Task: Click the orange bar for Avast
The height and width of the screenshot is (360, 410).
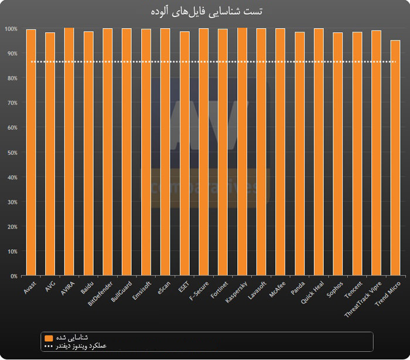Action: click(31, 152)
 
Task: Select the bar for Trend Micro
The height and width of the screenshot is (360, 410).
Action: click(395, 158)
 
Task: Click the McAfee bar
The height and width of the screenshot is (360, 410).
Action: click(280, 152)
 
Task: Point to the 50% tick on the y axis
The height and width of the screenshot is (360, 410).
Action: click(11, 152)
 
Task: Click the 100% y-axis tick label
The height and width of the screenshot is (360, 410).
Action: click(10, 29)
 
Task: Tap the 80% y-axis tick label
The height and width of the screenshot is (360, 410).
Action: click(11, 78)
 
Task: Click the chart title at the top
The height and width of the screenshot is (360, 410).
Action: click(205, 11)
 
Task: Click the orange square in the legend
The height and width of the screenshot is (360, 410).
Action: click(48, 338)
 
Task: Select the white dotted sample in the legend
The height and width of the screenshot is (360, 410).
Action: click(48, 346)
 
